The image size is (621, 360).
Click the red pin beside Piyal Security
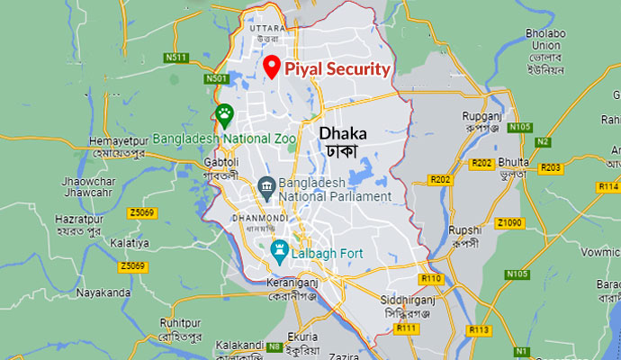coord(271,66)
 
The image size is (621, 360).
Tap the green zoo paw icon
coord(224,114)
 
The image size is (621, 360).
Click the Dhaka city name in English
coord(343,132)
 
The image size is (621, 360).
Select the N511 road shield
coord(177,58)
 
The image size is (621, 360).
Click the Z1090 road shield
coord(510,222)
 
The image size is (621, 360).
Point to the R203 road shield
coord(551,167)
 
